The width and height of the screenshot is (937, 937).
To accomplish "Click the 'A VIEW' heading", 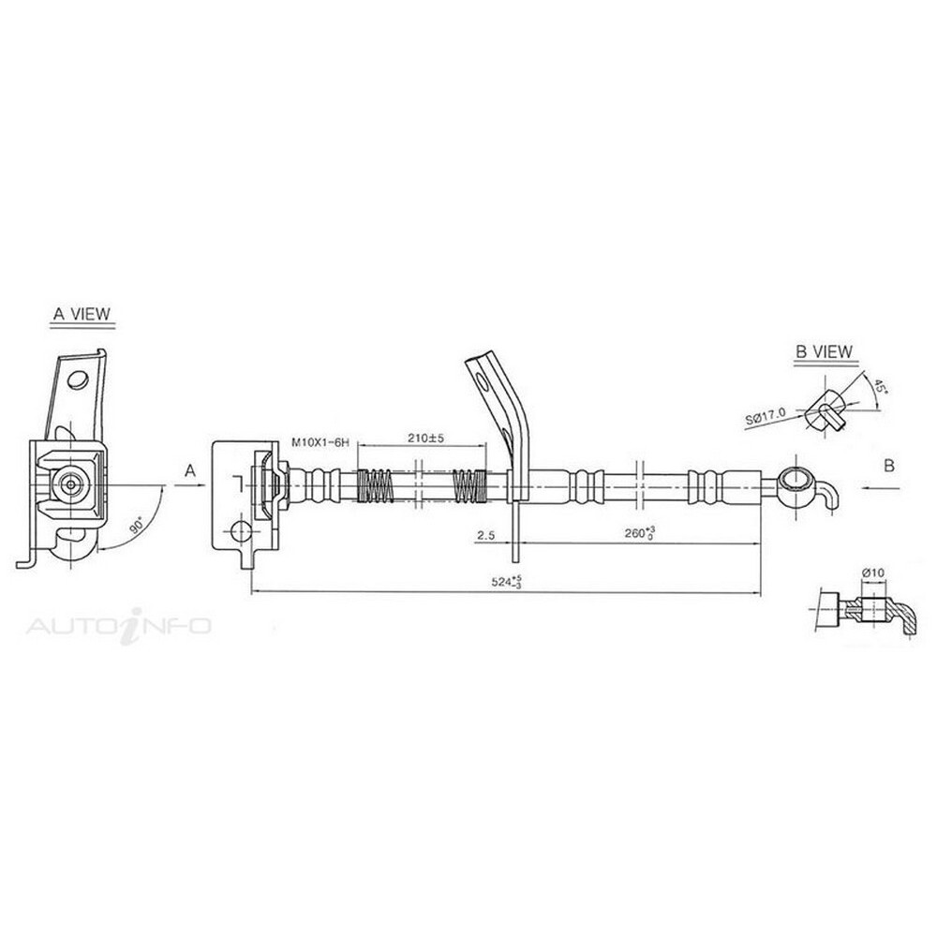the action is click(82, 314).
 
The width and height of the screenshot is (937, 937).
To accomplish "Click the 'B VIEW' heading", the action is click(824, 351).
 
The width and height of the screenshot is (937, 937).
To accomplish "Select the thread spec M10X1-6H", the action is click(320, 443).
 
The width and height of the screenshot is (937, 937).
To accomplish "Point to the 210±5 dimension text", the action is click(426, 438).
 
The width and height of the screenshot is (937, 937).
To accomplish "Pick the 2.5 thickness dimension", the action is click(485, 535).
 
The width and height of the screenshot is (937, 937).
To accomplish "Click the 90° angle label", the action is click(137, 526).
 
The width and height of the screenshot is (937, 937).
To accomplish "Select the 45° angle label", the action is click(880, 386).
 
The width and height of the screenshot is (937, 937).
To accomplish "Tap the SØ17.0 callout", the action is click(766, 417).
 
